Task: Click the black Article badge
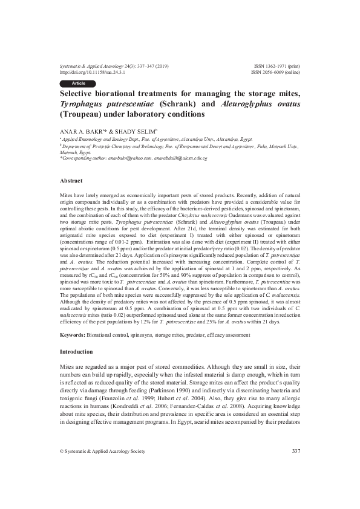coord(79,82)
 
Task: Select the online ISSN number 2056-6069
coord(270,71)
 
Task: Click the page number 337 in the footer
coord(296,485)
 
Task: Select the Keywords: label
coord(76,333)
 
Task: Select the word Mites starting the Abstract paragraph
coord(68,197)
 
